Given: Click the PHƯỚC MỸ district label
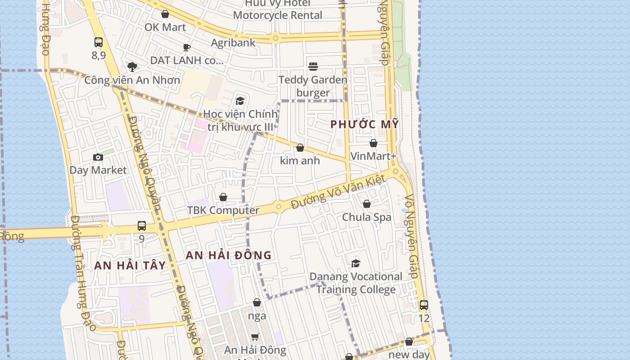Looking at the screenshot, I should [x=364, y=124].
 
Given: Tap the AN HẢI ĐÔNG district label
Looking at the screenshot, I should [x=229, y=256].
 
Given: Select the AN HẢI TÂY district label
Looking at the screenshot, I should [x=130, y=265].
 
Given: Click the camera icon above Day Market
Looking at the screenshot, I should [x=98, y=157].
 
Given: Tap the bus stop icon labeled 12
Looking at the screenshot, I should [x=423, y=305].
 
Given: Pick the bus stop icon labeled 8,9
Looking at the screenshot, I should [x=99, y=42].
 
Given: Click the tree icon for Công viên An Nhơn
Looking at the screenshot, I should [x=132, y=67].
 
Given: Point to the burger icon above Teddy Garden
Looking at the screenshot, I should [x=313, y=67].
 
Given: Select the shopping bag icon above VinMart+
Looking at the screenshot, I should [x=373, y=144].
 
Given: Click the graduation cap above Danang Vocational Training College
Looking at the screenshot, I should [x=356, y=263].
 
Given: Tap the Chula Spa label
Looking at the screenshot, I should [x=366, y=217].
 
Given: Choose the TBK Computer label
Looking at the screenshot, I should [x=223, y=210].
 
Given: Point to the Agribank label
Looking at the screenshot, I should [x=233, y=43].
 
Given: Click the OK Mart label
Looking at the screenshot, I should [x=165, y=27].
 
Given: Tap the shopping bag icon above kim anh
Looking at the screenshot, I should [x=300, y=148].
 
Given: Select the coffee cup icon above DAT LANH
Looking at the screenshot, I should [x=187, y=47].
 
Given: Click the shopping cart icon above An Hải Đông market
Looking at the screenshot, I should [x=255, y=337].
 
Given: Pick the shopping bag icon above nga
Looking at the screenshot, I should [x=257, y=302].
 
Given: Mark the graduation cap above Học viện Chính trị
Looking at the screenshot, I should [x=240, y=101].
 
